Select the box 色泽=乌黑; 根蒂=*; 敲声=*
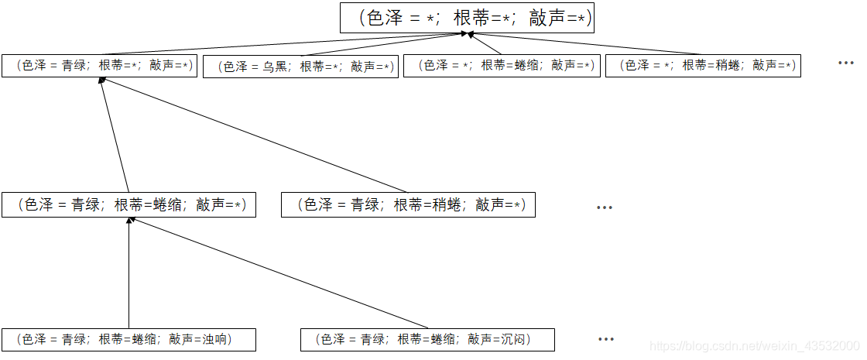tap(300, 67)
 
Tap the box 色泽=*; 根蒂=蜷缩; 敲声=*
tap(502, 66)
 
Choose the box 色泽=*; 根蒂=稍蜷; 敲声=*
tap(703, 66)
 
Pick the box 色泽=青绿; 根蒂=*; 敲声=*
tap(98, 65)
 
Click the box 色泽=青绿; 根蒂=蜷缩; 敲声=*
tap(129, 205)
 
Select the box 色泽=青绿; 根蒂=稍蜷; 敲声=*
tap(408, 205)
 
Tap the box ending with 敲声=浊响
tap(129, 339)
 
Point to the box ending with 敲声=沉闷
tap(427, 339)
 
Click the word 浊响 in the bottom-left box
tap(217, 339)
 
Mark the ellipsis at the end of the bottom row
tap(606, 339)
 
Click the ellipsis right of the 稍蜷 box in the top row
tap(845, 63)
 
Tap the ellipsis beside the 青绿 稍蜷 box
tap(605, 207)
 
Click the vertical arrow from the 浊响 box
tap(129, 275)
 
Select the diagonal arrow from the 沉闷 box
tap(279, 273)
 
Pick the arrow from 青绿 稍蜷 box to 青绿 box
tap(255, 135)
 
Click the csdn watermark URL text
tap(754, 347)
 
